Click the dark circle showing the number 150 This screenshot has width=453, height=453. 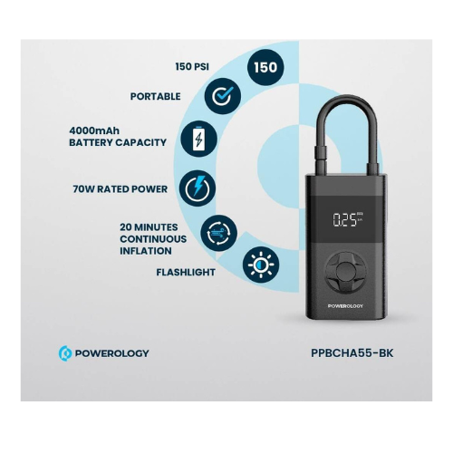[265, 67]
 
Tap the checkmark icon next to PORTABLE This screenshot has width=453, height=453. [223, 96]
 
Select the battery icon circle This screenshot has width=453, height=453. [199, 139]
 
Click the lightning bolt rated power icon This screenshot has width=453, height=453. [198, 188]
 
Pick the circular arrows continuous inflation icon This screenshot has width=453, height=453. [219, 233]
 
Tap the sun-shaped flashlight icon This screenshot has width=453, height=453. [261, 265]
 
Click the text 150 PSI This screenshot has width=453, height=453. [192, 66]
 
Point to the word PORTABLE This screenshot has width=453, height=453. [156, 96]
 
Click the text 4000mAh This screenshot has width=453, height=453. [94, 130]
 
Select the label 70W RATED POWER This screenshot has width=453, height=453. [120, 189]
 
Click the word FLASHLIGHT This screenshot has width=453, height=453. [186, 272]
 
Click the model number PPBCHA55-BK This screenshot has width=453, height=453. [352, 353]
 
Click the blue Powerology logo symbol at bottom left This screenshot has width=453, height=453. [65, 353]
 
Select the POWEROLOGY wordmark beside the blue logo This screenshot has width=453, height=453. [111, 353]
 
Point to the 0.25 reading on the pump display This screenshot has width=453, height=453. [345, 220]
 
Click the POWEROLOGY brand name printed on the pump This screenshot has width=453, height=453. [345, 306]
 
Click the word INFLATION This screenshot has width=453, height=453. [146, 251]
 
